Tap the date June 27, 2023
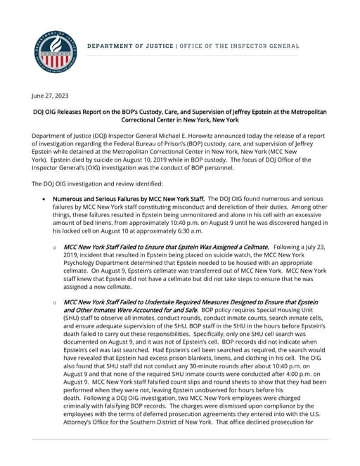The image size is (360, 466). point(51,95)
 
